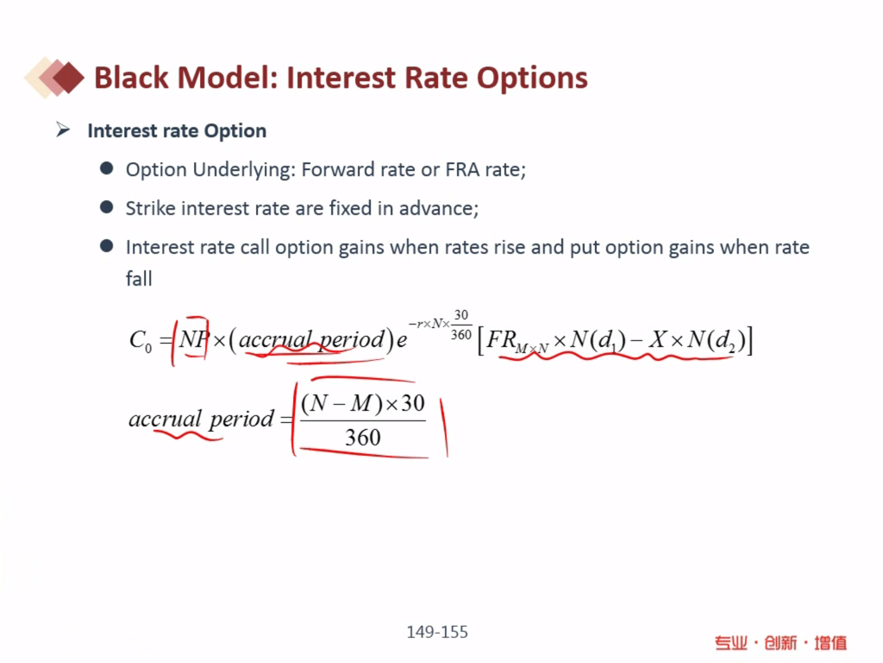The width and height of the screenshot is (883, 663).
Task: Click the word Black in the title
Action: tap(131, 77)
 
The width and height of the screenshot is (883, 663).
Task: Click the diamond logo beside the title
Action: tap(54, 77)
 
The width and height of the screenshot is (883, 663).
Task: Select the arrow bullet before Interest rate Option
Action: tap(62, 130)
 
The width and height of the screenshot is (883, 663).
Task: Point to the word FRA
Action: tap(462, 169)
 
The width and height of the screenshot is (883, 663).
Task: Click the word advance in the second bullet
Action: tap(438, 209)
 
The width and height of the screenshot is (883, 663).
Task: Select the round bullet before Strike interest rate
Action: tap(106, 207)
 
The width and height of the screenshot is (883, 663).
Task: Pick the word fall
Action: tap(139, 279)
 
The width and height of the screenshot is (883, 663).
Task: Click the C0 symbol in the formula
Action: tap(141, 340)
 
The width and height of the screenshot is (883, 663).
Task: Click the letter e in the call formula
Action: tap(402, 340)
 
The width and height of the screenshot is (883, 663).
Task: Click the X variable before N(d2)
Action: tap(657, 338)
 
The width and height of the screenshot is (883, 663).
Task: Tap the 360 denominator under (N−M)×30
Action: tap(363, 438)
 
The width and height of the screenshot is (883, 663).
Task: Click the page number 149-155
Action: tap(437, 632)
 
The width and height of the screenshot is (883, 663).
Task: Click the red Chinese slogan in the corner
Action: tap(780, 642)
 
